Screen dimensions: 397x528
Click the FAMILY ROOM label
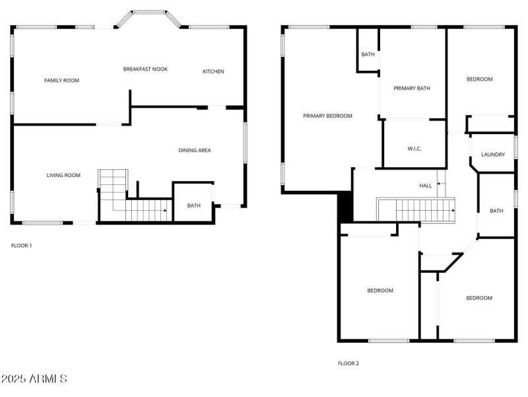tap(61, 81)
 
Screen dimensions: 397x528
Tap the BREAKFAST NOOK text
tap(145, 69)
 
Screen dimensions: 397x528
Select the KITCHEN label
tap(213, 71)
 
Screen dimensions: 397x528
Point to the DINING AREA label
tap(195, 151)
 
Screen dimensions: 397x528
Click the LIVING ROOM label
tap(63, 175)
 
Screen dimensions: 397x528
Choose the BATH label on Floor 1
tap(193, 205)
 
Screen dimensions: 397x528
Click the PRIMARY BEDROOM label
tap(327, 116)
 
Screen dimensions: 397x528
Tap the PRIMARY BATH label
tap(412, 88)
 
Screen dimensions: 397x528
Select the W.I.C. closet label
tap(414, 149)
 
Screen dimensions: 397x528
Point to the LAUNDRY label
tap(493, 155)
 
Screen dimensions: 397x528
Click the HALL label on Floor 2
tap(426, 186)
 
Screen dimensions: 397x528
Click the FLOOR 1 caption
tap(22, 246)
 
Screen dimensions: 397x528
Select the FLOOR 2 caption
tap(348, 363)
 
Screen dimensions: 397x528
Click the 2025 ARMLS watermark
tap(34, 379)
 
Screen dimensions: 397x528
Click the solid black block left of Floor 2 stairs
tap(345, 207)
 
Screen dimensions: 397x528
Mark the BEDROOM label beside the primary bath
tap(479, 79)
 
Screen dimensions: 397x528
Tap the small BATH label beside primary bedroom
tap(368, 54)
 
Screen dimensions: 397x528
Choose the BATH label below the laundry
tap(496, 211)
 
